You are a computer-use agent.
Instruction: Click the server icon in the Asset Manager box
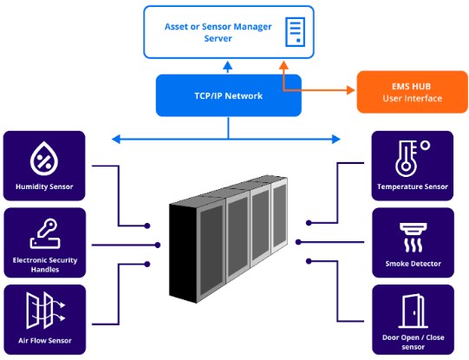pos(296,32)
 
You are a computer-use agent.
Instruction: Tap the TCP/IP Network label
pos(229,95)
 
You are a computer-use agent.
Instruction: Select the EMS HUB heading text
pos(411,87)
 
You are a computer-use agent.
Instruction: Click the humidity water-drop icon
pos(44,158)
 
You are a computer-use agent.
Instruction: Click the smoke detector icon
pos(413,238)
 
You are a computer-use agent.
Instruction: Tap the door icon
pos(413,311)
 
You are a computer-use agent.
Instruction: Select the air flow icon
pos(45,311)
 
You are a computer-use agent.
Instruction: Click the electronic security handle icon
pos(45,233)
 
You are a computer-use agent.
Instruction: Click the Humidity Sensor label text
pos(44,187)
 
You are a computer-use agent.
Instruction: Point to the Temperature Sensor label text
pos(413,187)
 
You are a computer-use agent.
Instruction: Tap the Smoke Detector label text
pos(413,264)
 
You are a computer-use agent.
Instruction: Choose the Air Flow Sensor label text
pos(45,341)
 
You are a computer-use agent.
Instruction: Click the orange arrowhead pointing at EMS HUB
pos(350,89)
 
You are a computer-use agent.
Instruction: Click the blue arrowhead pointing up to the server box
pos(228,66)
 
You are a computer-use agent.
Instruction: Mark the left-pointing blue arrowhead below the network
pos(116,139)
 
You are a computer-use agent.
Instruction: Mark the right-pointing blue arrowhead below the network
pos(336,139)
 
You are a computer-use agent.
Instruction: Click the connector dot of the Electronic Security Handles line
pos(158,245)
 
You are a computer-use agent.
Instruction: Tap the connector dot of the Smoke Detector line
pos(298,242)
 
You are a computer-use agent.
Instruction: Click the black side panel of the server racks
pos(182,252)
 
